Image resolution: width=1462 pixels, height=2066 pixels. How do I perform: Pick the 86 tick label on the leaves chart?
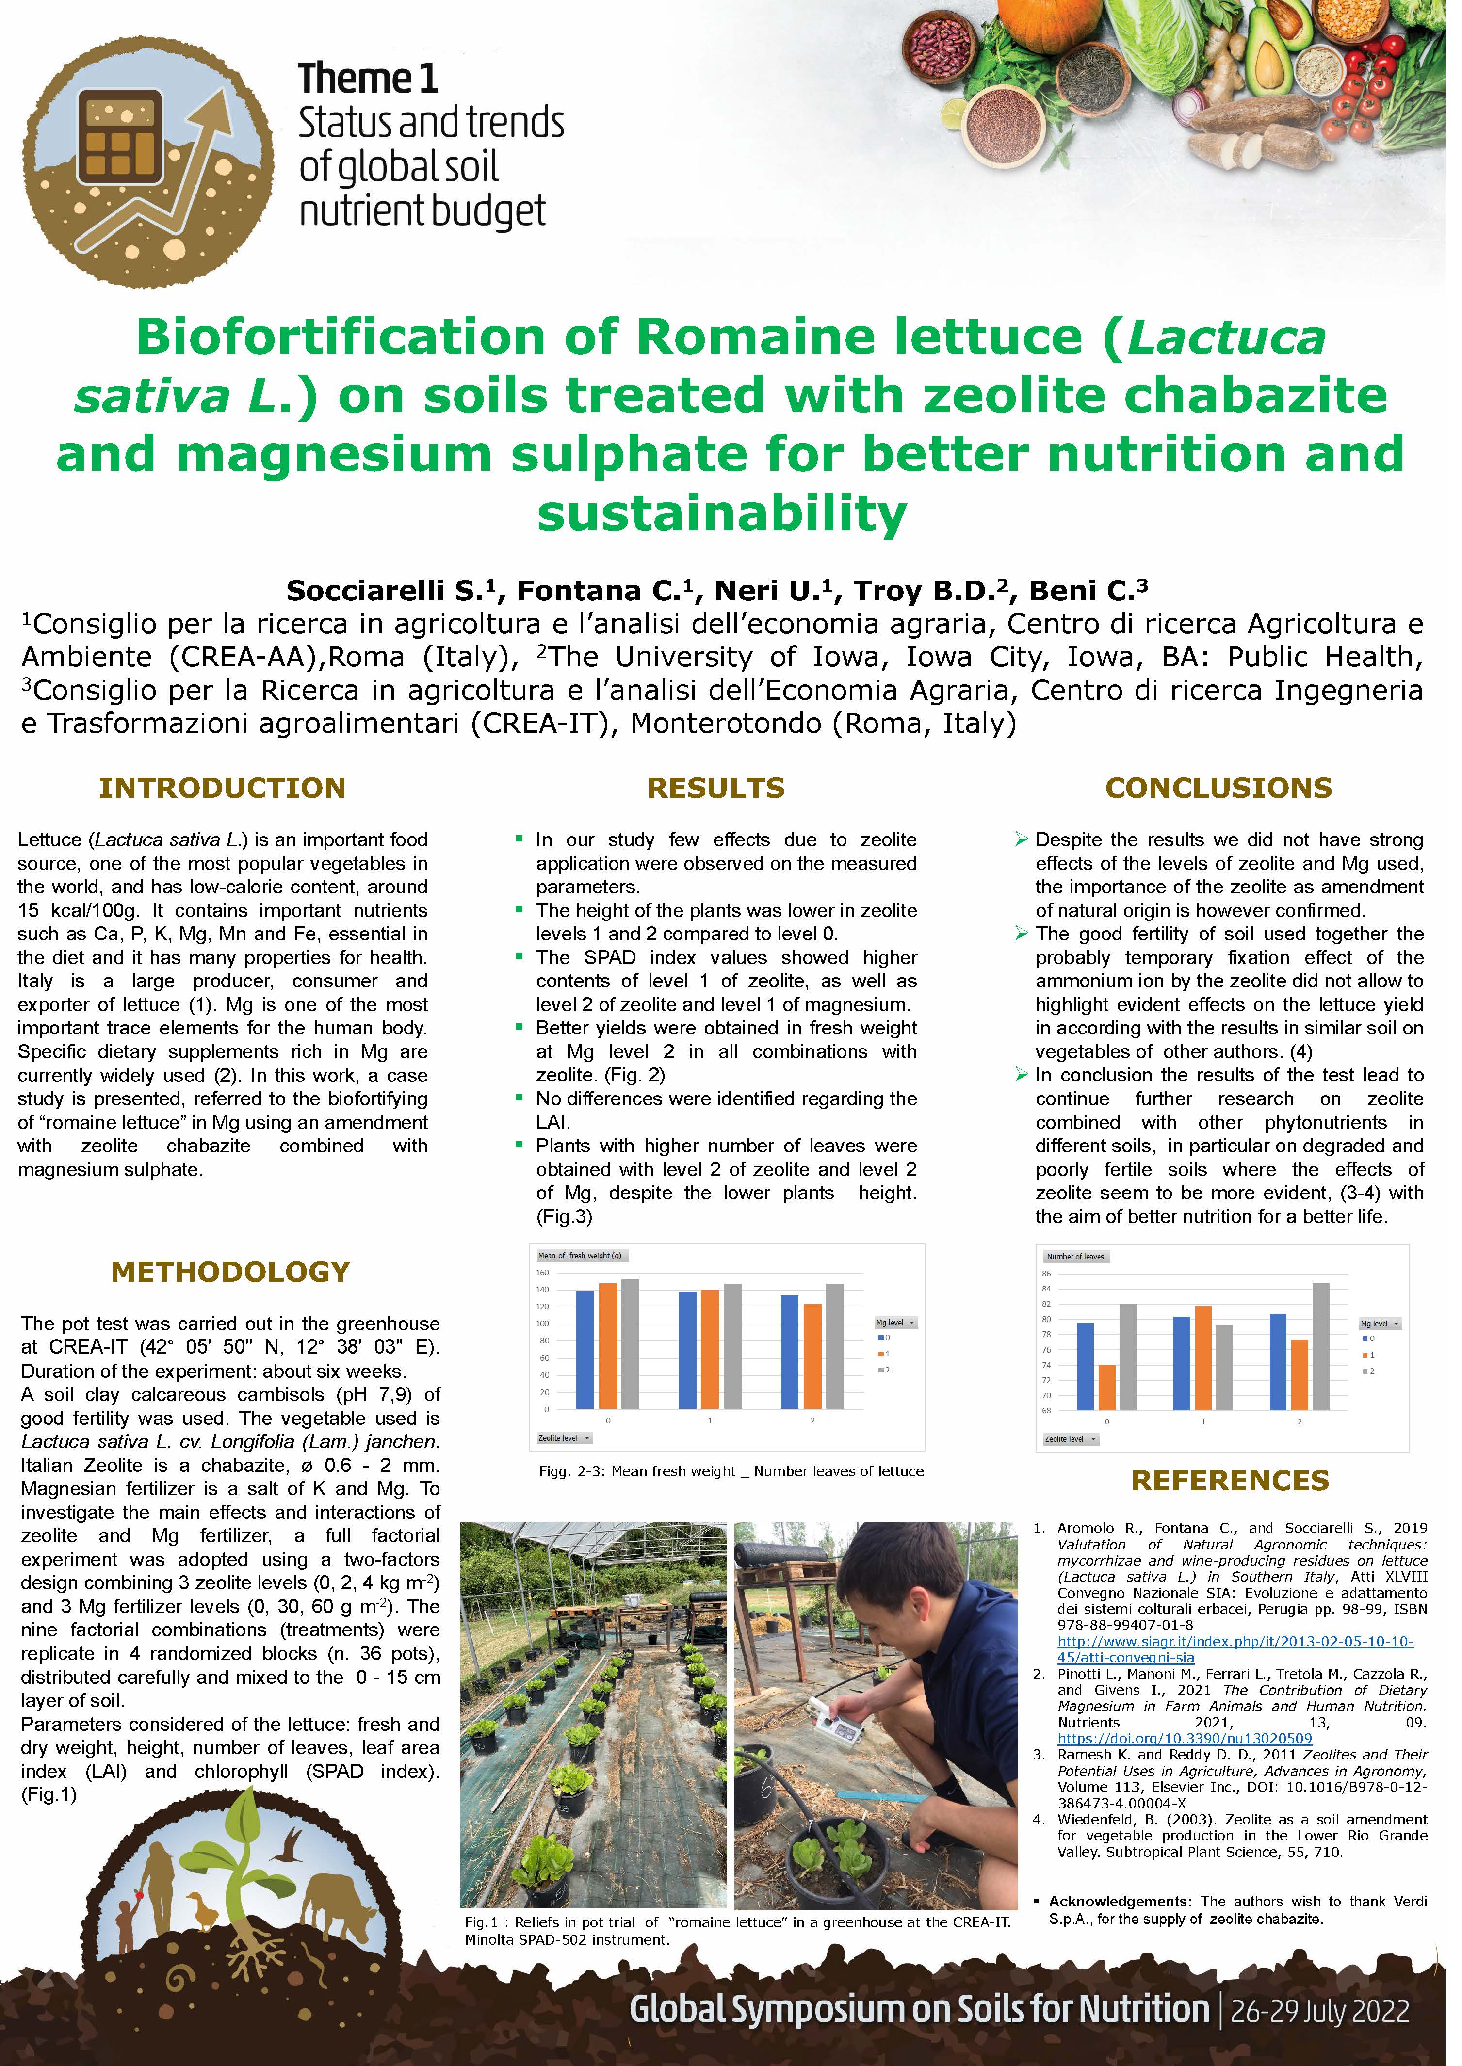1046,1273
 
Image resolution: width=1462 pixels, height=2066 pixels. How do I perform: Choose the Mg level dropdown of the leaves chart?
1379,1324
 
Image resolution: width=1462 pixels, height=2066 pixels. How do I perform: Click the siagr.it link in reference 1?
1234,1640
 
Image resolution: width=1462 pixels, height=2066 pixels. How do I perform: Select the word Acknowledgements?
1120,1901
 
